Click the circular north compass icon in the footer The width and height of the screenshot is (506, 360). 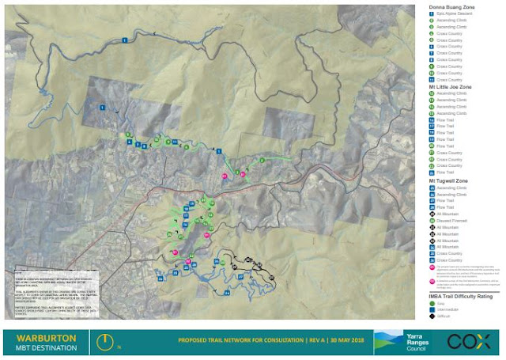coord(102,340)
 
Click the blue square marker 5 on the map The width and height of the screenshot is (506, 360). coord(218,150)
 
